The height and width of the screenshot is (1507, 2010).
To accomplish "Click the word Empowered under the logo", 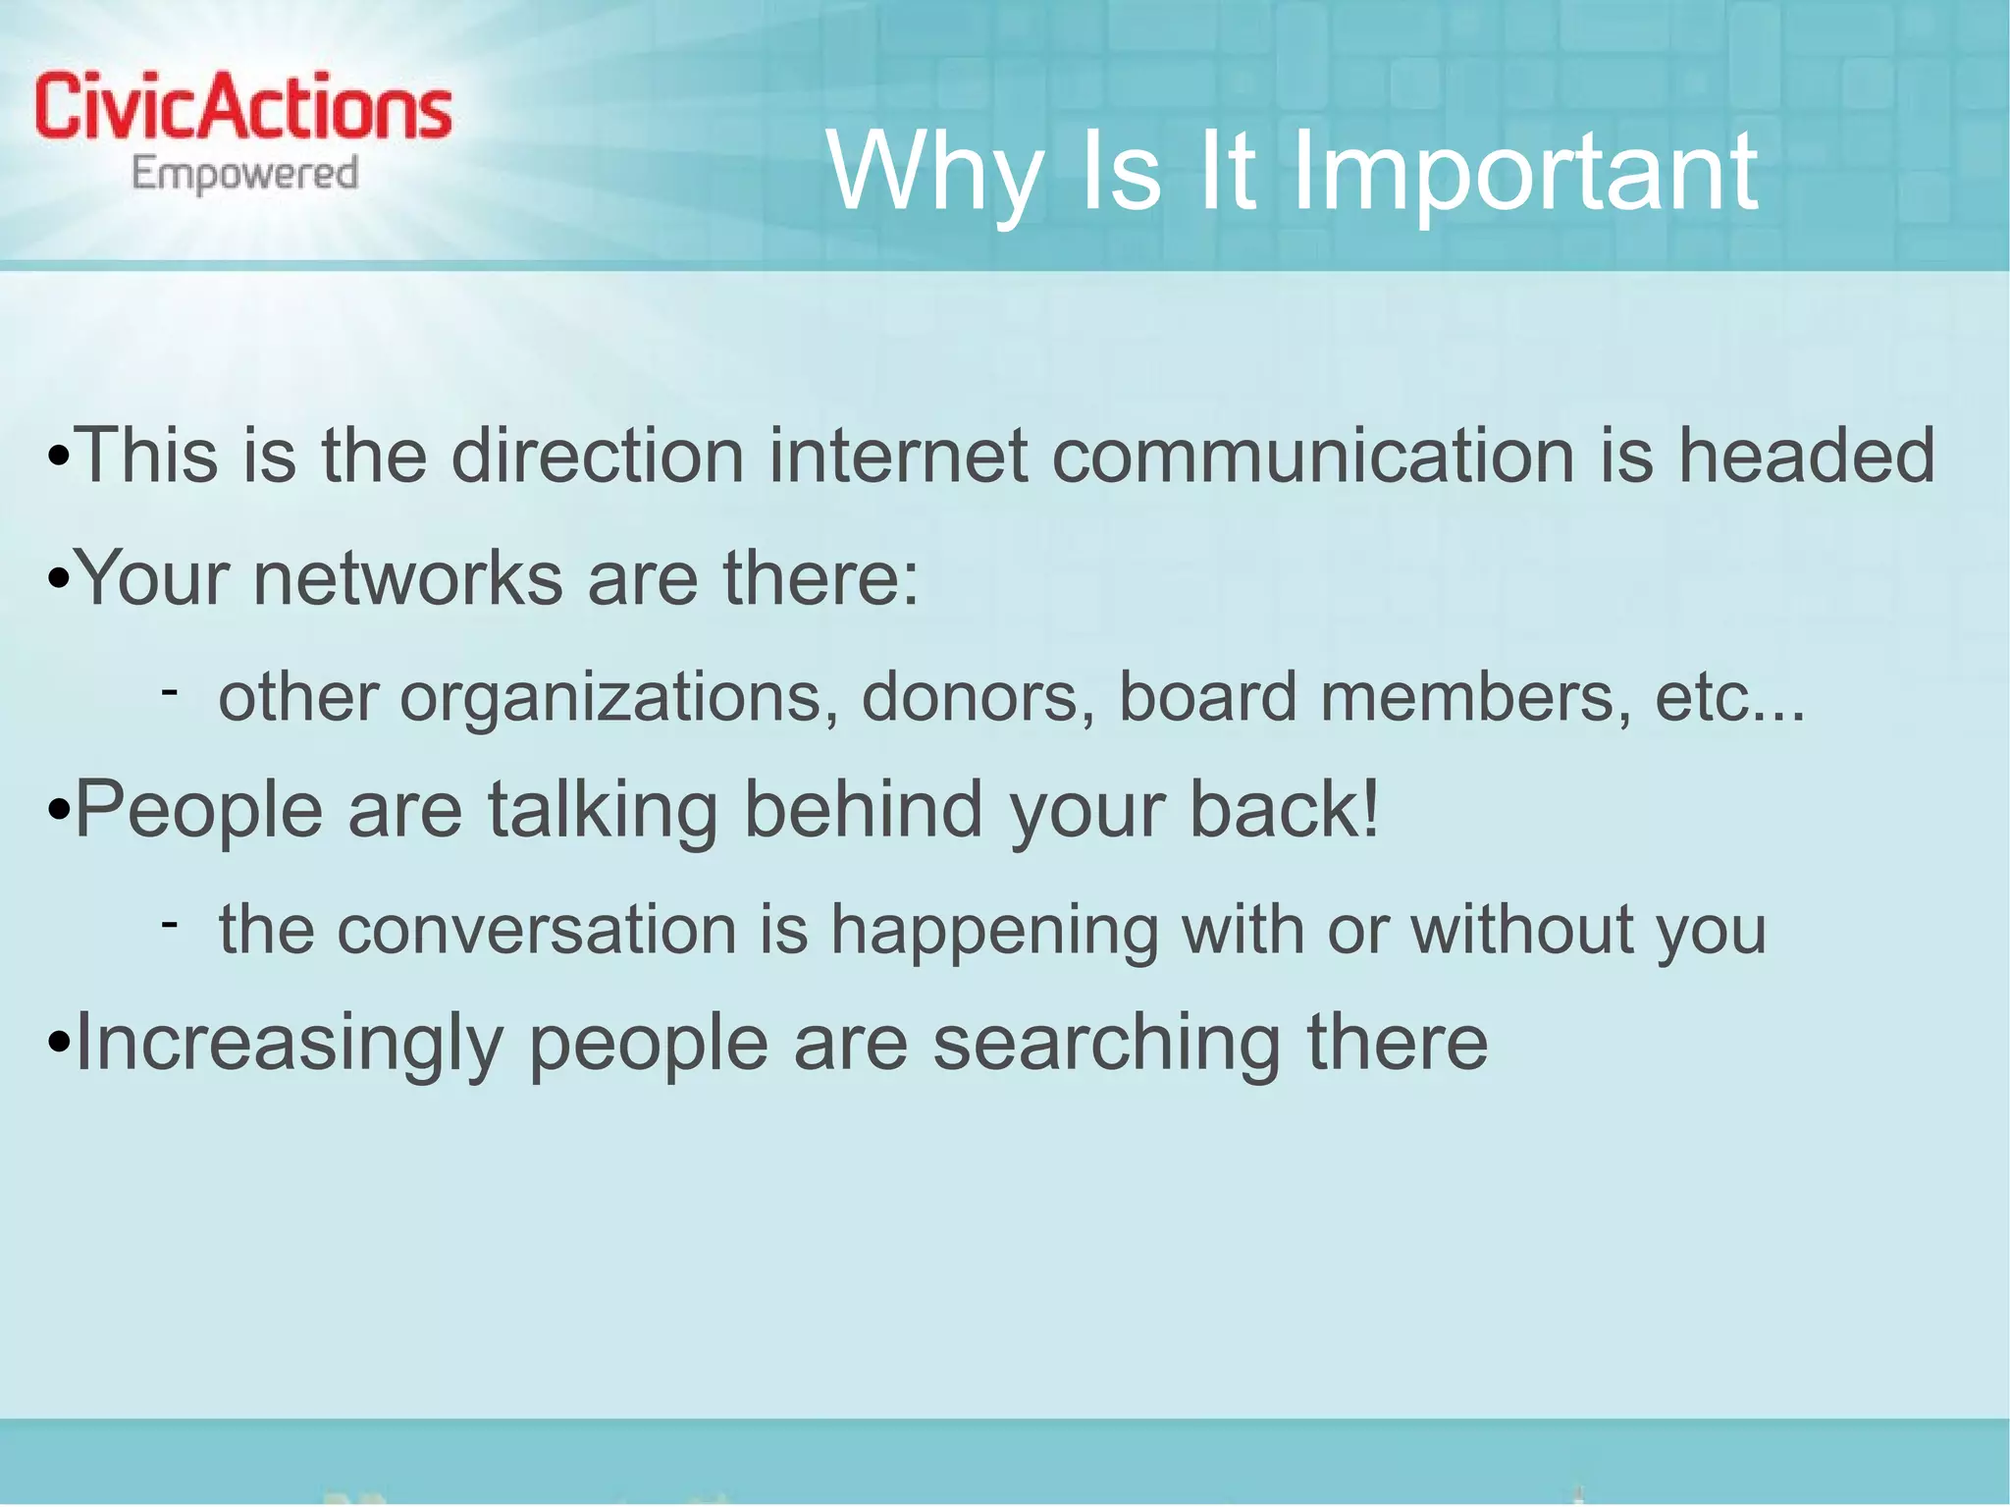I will (244, 175).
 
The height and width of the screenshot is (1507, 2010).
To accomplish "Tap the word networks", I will (407, 578).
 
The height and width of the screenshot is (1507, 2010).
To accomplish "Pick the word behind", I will (863, 810).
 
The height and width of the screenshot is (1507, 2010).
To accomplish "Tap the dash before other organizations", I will (170, 693).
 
